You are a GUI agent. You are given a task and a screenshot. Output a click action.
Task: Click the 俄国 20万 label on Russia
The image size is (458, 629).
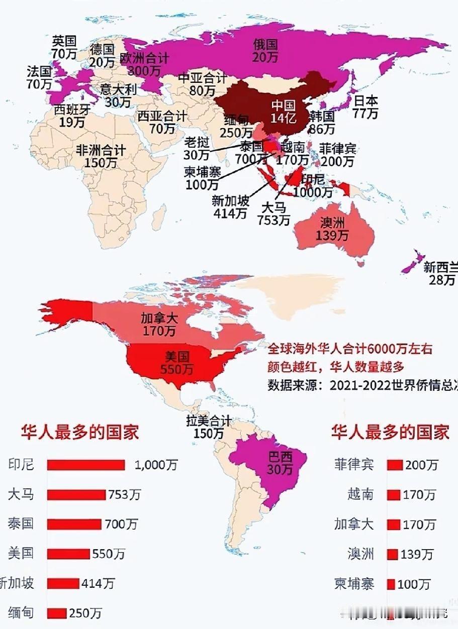[x=265, y=51]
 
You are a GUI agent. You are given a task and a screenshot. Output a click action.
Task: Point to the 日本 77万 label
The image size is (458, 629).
[x=365, y=107]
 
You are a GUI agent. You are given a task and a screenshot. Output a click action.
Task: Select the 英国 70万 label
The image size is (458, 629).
[x=64, y=46]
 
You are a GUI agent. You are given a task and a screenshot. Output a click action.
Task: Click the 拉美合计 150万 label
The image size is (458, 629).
[x=209, y=427]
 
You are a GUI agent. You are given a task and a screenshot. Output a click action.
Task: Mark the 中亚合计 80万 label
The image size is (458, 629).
[x=203, y=84]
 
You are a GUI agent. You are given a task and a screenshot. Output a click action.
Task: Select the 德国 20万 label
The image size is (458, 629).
[x=102, y=55]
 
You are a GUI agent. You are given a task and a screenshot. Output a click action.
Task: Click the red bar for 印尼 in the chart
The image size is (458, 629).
[x=85, y=465]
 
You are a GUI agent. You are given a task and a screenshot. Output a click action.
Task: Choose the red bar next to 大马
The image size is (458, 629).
[x=76, y=495]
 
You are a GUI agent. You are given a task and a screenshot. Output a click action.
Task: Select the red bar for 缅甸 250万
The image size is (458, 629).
[x=57, y=613]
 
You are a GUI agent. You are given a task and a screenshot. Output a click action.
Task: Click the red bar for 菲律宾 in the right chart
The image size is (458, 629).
[x=394, y=465]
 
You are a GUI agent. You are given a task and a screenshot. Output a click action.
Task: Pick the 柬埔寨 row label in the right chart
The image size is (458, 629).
[x=354, y=584]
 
